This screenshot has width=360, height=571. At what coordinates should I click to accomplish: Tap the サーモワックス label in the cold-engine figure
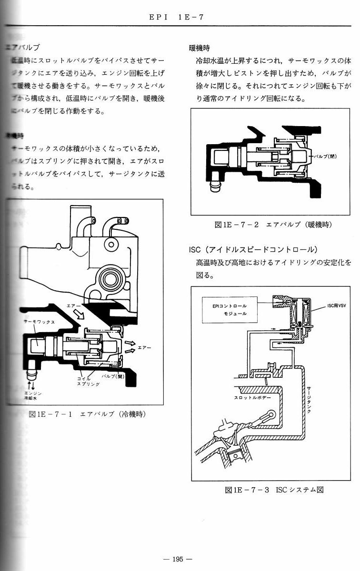coord(40,322)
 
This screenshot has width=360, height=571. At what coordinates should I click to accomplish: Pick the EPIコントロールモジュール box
coord(230,310)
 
